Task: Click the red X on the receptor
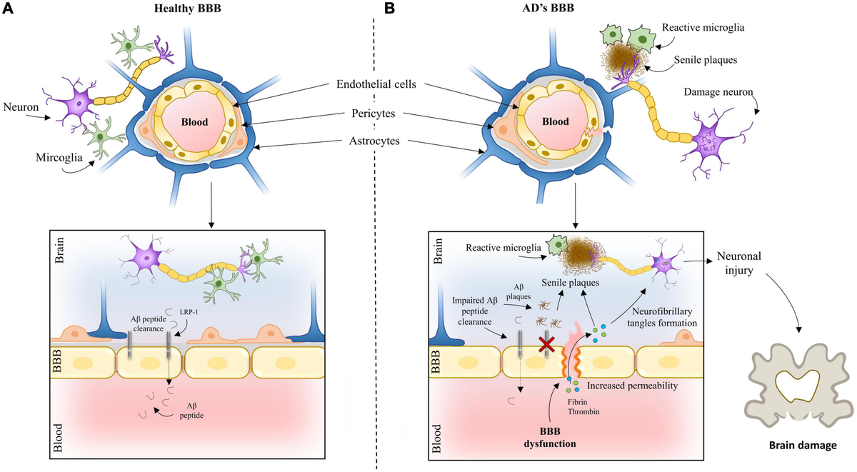[x=548, y=344]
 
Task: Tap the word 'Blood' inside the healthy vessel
[x=194, y=122]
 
